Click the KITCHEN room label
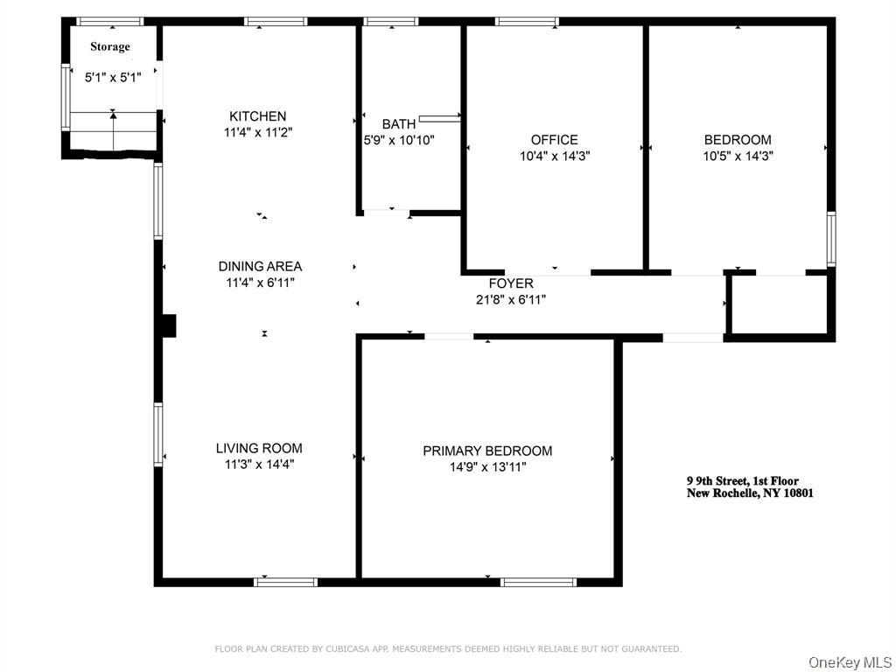(x=257, y=116)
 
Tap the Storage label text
(x=109, y=46)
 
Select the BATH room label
(x=398, y=124)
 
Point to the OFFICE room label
(x=554, y=140)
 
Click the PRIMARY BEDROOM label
(x=487, y=451)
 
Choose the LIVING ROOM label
(x=259, y=449)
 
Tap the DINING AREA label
(x=260, y=267)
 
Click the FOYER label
(x=510, y=283)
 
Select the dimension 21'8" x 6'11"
(x=510, y=299)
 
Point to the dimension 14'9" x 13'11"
(x=487, y=467)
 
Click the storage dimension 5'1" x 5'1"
(x=112, y=77)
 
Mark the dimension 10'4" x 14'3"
(x=554, y=156)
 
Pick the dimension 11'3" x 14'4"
(x=259, y=465)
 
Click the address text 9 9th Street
(x=742, y=481)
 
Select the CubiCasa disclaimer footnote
(x=448, y=648)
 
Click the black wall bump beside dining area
(x=169, y=325)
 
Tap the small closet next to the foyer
(x=778, y=305)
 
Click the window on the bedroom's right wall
(x=830, y=238)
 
